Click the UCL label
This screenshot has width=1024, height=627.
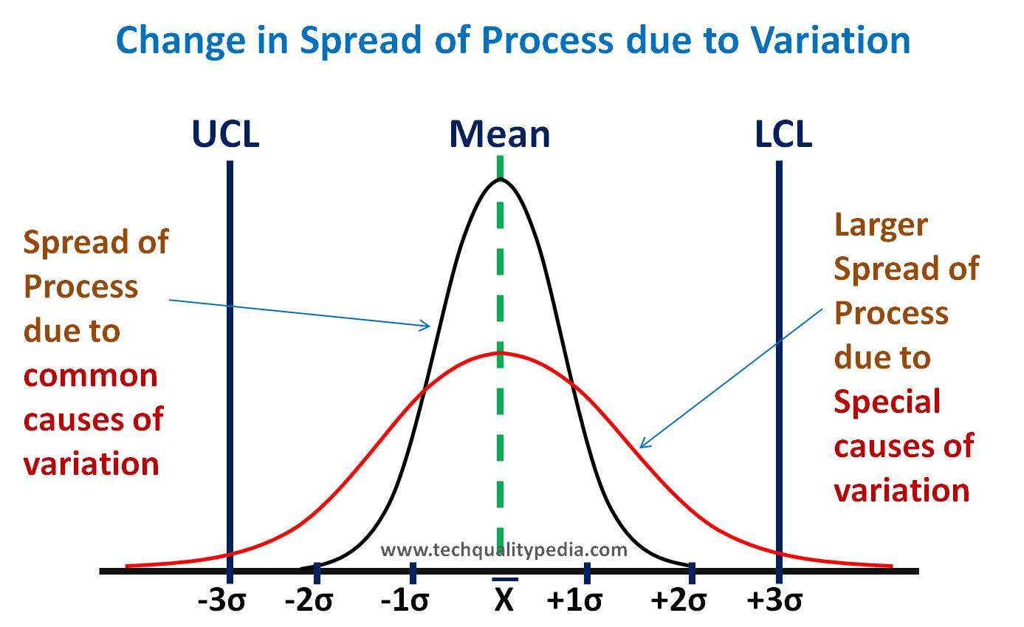pyautogui.click(x=226, y=134)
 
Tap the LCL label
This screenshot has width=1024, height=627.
pyautogui.click(x=783, y=134)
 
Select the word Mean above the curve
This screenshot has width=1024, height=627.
pyautogui.click(x=500, y=134)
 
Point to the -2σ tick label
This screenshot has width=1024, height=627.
pyautogui.click(x=309, y=601)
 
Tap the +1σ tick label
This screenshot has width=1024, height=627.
pyautogui.click(x=575, y=601)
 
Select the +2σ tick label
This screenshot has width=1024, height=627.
pyautogui.click(x=678, y=601)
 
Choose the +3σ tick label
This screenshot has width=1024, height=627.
pyautogui.click(x=774, y=601)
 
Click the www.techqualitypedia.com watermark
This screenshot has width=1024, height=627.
pyautogui.click(x=504, y=549)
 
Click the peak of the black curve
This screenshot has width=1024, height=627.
pyautogui.click(x=501, y=179)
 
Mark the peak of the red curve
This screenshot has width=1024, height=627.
pyautogui.click(x=501, y=352)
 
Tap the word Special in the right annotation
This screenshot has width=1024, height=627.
pyautogui.click(x=887, y=402)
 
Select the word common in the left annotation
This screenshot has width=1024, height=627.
pyautogui.click(x=90, y=376)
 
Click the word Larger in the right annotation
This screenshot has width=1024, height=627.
pyautogui.click(x=880, y=225)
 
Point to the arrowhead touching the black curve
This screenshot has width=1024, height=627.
pyautogui.click(x=427, y=325)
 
